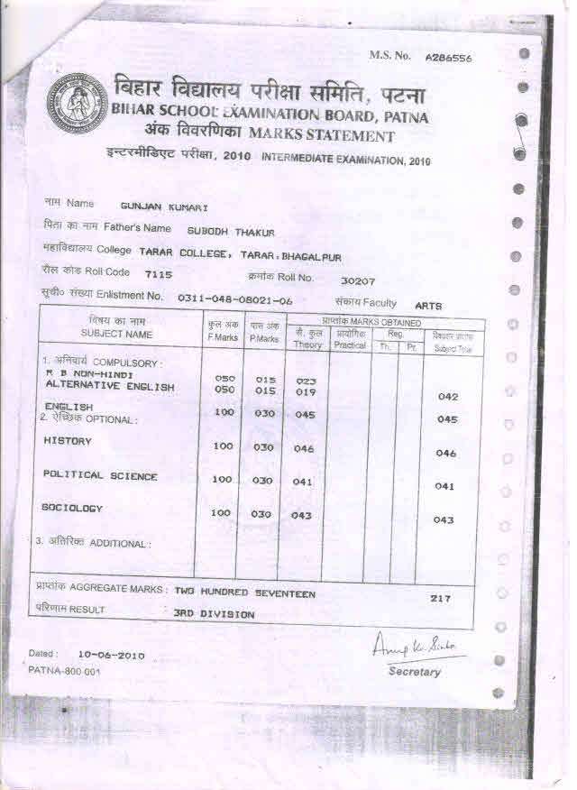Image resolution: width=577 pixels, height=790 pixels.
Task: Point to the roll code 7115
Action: tap(160, 275)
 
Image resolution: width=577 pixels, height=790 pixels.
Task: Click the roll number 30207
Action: tap(358, 280)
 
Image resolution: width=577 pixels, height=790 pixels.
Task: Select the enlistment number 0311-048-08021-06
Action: tap(235, 298)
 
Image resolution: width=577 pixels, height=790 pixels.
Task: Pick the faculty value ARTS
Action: tap(428, 306)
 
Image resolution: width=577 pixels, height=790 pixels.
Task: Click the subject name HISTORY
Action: tap(68, 441)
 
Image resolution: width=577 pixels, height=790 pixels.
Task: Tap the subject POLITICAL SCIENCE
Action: tap(100, 475)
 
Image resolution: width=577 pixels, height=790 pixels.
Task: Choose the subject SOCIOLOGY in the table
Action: tap(72, 509)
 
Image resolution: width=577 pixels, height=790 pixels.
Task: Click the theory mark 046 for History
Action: tap(304, 449)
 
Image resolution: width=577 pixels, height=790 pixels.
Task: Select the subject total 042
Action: tap(448, 396)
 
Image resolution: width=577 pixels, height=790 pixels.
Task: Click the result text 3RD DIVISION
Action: tap(214, 614)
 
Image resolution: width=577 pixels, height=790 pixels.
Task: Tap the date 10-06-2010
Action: tap(111, 655)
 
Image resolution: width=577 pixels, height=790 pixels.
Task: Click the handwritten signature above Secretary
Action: tap(416, 647)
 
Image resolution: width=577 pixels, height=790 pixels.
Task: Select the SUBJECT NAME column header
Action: tap(116, 334)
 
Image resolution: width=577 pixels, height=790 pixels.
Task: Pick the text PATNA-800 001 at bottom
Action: tap(65, 671)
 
